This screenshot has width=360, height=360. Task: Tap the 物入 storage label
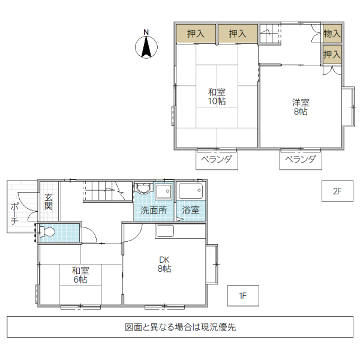(332, 34)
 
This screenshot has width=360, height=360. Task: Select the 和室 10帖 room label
(217, 97)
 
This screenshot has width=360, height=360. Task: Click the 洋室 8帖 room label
(301, 106)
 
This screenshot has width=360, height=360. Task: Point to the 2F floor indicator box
(337, 191)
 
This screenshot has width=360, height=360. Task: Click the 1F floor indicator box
(243, 295)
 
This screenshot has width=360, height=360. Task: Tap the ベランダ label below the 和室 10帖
(216, 159)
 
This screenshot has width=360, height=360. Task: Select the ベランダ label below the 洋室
(301, 159)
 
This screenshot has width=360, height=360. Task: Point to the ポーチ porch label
(14, 214)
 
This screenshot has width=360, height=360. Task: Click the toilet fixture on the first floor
(49, 232)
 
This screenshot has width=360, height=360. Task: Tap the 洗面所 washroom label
(154, 211)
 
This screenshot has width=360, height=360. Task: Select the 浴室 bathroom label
(190, 211)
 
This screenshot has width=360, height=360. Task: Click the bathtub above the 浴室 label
(190, 191)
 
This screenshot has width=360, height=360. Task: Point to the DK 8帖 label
(164, 264)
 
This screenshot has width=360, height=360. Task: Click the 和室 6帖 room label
(80, 275)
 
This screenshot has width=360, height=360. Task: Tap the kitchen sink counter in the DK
(164, 231)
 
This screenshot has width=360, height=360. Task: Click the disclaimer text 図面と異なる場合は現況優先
(180, 328)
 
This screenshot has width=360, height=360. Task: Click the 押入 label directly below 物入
(332, 54)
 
